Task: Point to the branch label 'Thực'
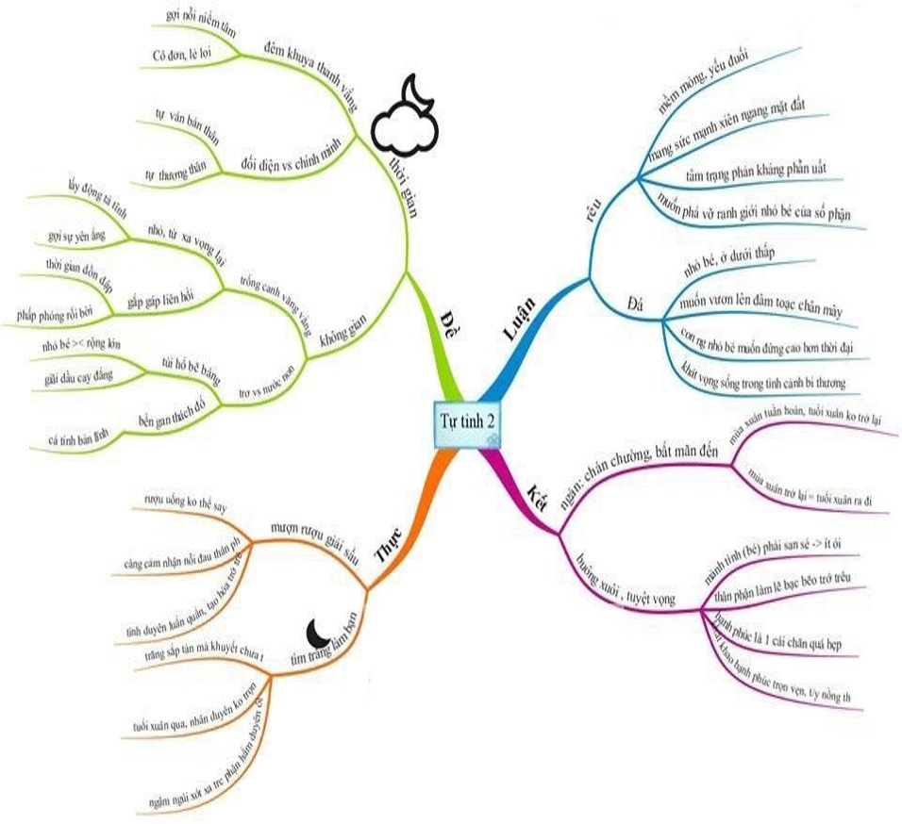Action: (x=390, y=546)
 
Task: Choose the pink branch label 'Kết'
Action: (x=539, y=494)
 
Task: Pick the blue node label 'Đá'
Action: (x=635, y=302)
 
